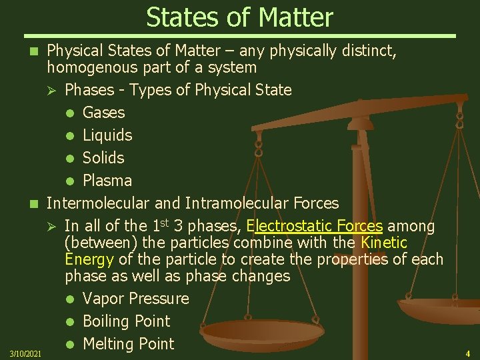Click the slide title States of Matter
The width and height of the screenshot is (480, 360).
point(239,17)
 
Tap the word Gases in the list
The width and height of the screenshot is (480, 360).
point(103,113)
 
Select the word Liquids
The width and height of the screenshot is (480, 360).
point(107,135)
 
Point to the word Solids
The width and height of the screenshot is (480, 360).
point(103,158)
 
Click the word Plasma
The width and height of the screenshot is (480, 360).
point(107,181)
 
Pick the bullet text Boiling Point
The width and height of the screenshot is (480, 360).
point(127,321)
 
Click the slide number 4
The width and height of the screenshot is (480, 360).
point(467,353)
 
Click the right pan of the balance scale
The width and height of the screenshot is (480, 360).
point(441,309)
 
